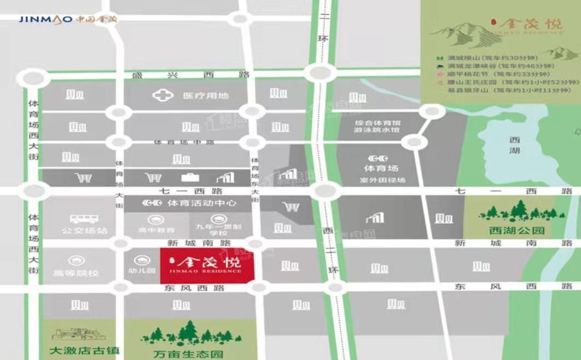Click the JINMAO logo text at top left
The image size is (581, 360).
(45, 20)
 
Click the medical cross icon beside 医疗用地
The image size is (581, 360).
(163, 96)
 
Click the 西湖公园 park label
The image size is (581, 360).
(517, 230)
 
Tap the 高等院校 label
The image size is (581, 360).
(77, 272)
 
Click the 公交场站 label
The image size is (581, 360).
(85, 230)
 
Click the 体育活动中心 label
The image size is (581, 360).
(202, 203)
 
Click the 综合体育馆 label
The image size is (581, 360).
(377, 124)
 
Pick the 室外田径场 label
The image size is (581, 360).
(382, 180)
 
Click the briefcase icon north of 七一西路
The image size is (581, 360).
(190, 177)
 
